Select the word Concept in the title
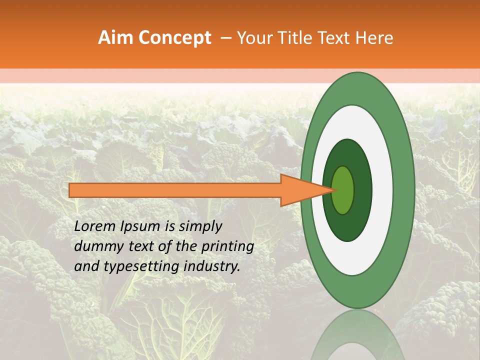174,38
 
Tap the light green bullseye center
343,190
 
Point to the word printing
229,247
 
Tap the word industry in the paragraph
212,267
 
